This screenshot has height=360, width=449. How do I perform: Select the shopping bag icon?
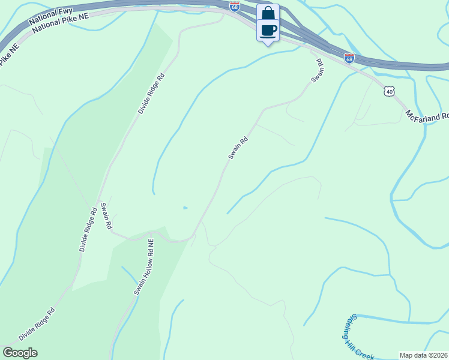click(x=268, y=13)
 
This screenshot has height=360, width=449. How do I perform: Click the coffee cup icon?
click(x=268, y=29)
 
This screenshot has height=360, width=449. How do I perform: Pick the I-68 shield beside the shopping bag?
click(x=235, y=7)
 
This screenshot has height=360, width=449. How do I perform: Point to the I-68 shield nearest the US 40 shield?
click(x=349, y=58)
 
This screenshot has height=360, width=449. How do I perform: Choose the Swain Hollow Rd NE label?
click(x=144, y=267)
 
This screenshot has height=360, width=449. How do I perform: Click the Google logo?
click(x=20, y=352)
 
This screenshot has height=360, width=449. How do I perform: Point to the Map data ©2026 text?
click(x=423, y=355)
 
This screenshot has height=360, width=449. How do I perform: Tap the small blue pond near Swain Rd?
click(x=185, y=208)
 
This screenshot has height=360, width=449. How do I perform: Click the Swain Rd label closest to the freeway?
click(x=318, y=71)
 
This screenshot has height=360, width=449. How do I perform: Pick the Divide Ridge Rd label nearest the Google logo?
click(x=37, y=325)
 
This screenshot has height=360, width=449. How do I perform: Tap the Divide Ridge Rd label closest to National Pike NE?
click(x=151, y=94)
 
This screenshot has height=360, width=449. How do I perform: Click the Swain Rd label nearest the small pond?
click(x=238, y=148)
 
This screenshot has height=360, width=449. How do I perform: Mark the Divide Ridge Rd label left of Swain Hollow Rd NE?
click(x=88, y=230)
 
